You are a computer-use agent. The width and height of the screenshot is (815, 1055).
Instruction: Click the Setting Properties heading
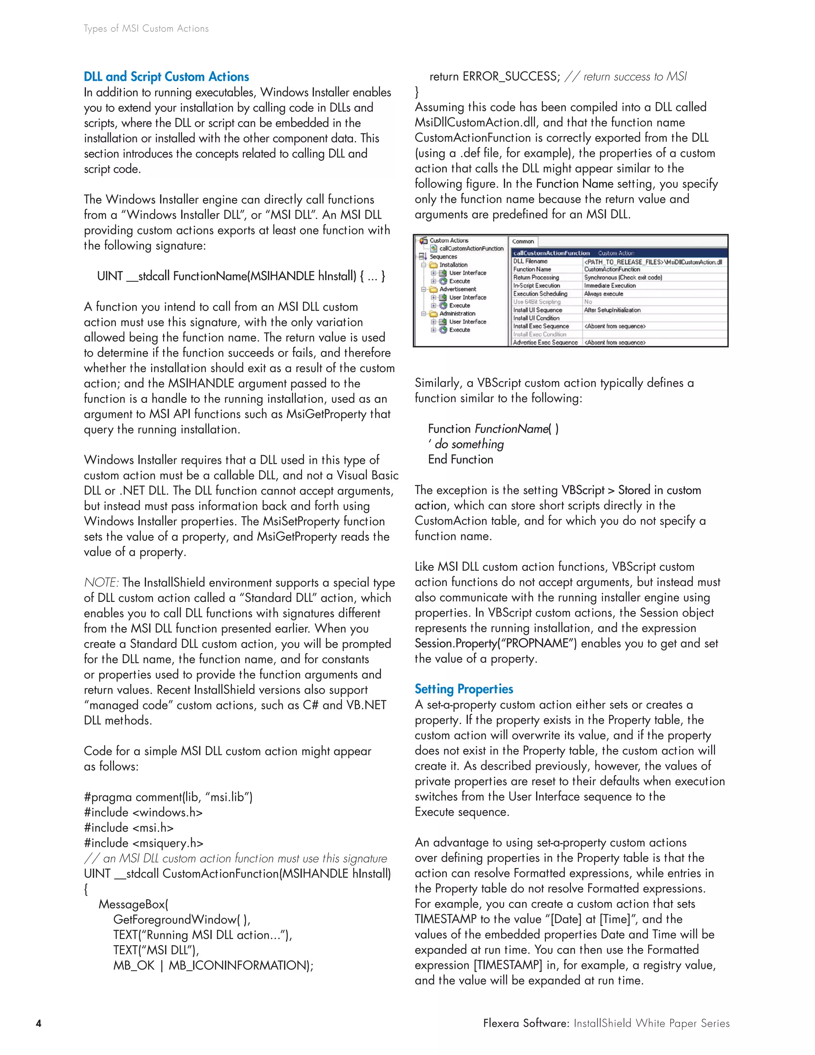click(464, 689)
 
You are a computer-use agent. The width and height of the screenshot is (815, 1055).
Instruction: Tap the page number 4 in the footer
click(39, 1024)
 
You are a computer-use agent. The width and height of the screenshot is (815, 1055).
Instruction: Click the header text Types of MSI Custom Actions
click(146, 29)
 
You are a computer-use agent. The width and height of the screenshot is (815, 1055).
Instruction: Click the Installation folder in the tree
click(453, 265)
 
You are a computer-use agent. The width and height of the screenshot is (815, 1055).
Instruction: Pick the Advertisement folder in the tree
click(457, 289)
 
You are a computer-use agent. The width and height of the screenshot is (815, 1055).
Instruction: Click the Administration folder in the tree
click(457, 313)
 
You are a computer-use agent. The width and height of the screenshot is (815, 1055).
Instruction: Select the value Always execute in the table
click(604, 294)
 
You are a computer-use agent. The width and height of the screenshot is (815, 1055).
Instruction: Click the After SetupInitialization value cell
click(612, 310)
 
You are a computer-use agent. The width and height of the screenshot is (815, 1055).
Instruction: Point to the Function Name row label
click(532, 270)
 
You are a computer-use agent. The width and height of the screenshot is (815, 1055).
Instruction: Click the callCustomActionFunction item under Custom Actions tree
click(471, 248)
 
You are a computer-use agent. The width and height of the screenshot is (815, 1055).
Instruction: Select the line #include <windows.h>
click(143, 813)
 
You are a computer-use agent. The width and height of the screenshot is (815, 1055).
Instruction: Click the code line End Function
click(460, 459)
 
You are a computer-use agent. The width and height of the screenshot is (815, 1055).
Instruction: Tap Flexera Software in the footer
click(526, 1023)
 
